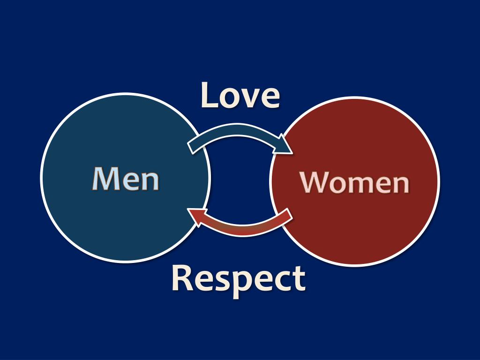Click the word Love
[240, 95]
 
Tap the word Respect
[239, 278]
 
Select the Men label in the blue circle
[126, 179]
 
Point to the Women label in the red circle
[355, 182]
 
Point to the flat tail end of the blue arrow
[191, 146]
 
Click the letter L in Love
[210, 95]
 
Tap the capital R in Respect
[182, 278]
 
